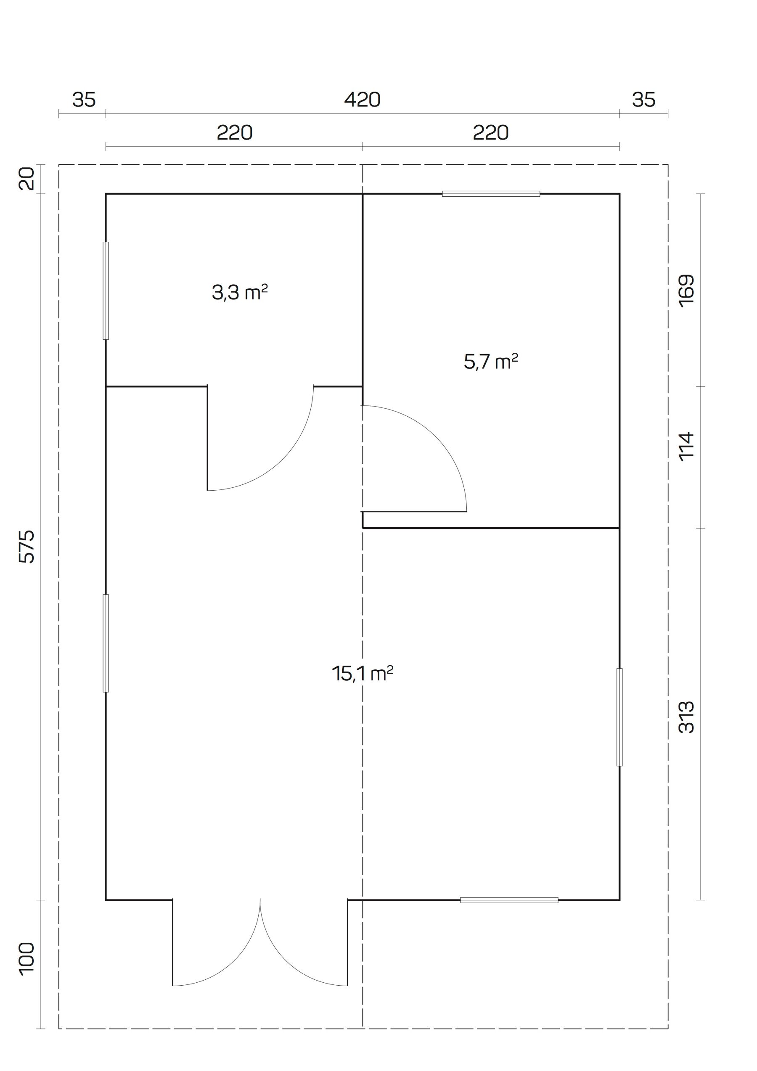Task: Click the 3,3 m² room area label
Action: [x=240, y=293]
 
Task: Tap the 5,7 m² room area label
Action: [x=491, y=362]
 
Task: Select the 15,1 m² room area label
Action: [x=363, y=674]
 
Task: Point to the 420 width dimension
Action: [x=363, y=99]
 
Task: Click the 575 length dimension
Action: [x=27, y=546]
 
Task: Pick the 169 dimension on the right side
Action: [x=687, y=290]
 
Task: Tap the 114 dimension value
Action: [x=687, y=447]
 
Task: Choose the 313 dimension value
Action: [x=687, y=717]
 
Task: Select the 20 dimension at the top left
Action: [x=27, y=179]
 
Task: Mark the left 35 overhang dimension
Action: [x=84, y=99]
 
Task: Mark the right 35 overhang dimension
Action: [x=643, y=99]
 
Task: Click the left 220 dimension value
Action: [x=235, y=133]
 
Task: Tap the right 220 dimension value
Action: [x=491, y=133]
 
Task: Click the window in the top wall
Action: [x=491, y=193]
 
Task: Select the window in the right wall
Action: [x=619, y=717]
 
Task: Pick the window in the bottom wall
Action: [x=509, y=900]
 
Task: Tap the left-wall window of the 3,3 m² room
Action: [x=106, y=291]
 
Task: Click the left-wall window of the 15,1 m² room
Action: [x=106, y=643]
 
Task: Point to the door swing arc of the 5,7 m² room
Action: [x=437, y=436]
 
